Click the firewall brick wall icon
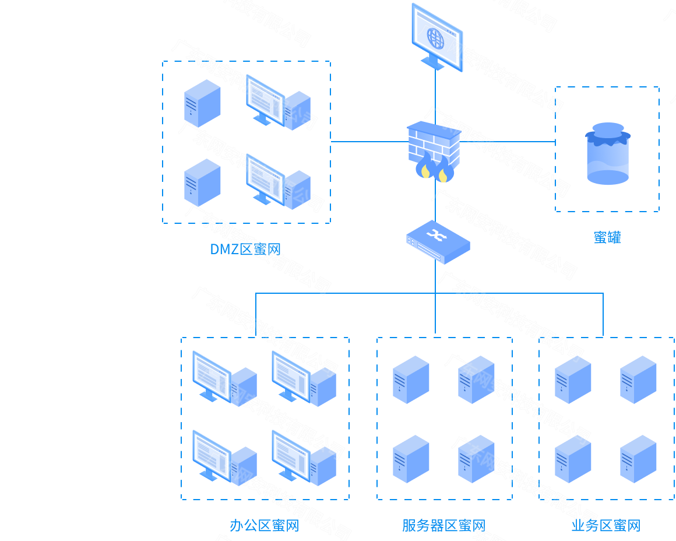(434, 149)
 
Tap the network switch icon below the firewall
(438, 240)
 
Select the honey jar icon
(607, 153)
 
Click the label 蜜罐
(607, 237)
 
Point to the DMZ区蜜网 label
(245, 250)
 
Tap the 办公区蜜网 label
(264, 526)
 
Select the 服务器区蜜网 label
(443, 526)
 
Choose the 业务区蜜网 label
(606, 526)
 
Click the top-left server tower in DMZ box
(202, 103)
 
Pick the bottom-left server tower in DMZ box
(202, 182)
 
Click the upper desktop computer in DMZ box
(277, 101)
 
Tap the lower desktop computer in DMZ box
(277, 181)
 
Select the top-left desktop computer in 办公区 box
(224, 378)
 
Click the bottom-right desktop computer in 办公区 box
(304, 457)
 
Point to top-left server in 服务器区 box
(411, 380)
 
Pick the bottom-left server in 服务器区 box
(411, 459)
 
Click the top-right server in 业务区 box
(638, 380)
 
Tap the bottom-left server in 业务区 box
(573, 459)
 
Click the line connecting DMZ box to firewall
(368, 141)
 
